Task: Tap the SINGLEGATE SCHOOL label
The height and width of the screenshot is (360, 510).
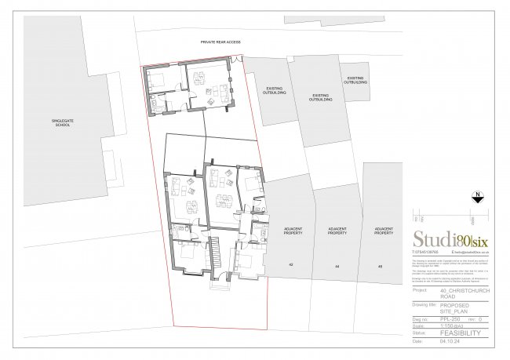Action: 40,122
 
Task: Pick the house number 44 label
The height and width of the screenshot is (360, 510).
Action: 337,267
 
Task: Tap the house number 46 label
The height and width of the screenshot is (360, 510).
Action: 382,267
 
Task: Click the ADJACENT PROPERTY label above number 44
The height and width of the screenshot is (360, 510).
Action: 337,231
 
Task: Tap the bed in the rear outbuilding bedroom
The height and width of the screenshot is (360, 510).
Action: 156,78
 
